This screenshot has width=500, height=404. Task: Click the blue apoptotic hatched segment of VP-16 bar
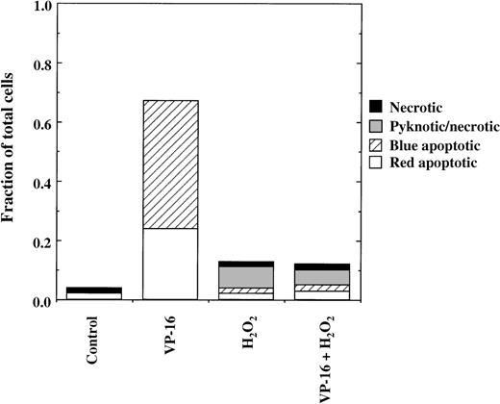point(170,164)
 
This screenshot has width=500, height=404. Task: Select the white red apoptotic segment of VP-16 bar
point(170,265)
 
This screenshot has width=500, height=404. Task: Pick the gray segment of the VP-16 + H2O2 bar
point(321,277)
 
